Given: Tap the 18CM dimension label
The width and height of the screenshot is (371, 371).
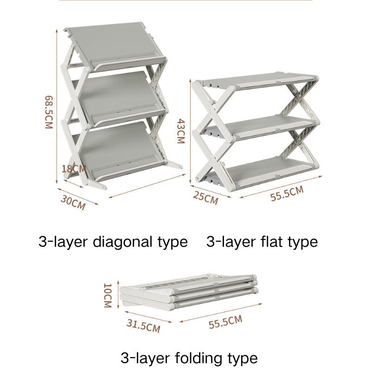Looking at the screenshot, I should coord(75,168).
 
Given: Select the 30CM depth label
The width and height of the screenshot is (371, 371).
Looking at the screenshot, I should coord(73,203).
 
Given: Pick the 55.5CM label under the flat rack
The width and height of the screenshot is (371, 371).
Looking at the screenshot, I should coord(287,194).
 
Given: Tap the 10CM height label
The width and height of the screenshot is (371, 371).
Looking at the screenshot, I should coord(108,295).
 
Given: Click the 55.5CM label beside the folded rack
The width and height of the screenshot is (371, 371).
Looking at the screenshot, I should coord(225,321).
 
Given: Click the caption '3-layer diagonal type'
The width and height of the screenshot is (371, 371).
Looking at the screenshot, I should coord(113,242).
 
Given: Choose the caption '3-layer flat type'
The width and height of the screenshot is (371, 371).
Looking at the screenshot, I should coord(262,242).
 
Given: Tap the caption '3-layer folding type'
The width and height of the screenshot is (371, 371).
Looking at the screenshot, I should coord(189,358).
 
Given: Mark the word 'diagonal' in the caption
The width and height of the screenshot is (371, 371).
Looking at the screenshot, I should coord(121,242).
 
